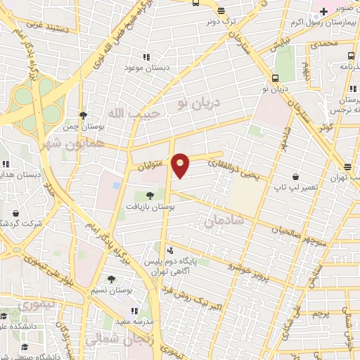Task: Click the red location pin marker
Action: pos(181,165)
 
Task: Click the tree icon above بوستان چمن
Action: pos(84,116)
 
